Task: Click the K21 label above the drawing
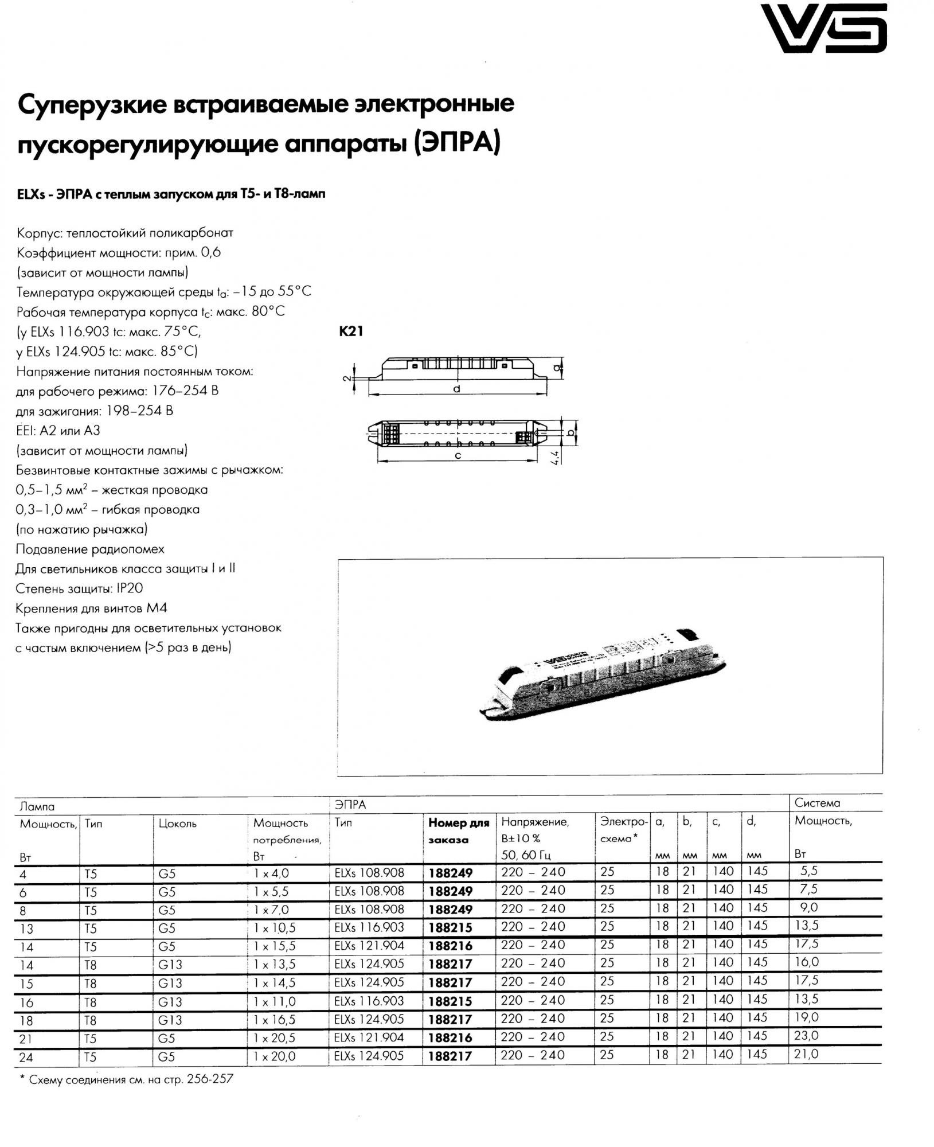pyautogui.click(x=351, y=331)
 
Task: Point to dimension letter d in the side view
pyautogui.click(x=456, y=389)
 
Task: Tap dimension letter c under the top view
pyautogui.click(x=458, y=455)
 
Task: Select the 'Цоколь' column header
pyautogui.click(x=178, y=824)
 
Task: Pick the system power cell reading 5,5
pyautogui.click(x=808, y=871)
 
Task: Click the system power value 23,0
pyautogui.click(x=807, y=1036)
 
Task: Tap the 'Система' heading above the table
pyautogui.click(x=817, y=803)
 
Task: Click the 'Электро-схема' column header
pyautogui.click(x=624, y=830)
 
